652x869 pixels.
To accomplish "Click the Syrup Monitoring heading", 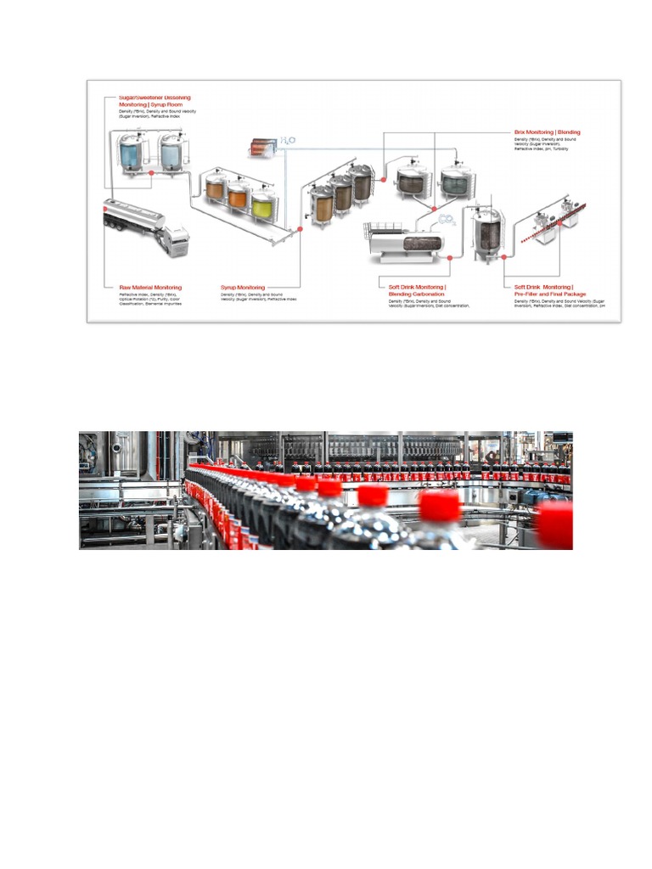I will tap(243, 288).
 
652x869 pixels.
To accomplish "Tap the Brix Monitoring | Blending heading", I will tap(548, 132).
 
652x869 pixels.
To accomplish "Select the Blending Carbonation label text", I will tap(416, 294).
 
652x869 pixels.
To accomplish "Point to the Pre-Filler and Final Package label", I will tap(549, 294).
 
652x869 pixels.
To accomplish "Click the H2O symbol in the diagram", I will tap(286, 142).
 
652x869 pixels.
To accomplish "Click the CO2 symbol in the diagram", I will tap(445, 220).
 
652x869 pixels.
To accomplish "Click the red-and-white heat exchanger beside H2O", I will tap(261, 147).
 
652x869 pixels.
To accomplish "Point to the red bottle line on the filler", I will tap(560, 222).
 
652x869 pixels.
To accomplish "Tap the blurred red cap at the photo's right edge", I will tap(556, 524).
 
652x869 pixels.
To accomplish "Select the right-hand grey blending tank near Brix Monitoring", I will tap(456, 182).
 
